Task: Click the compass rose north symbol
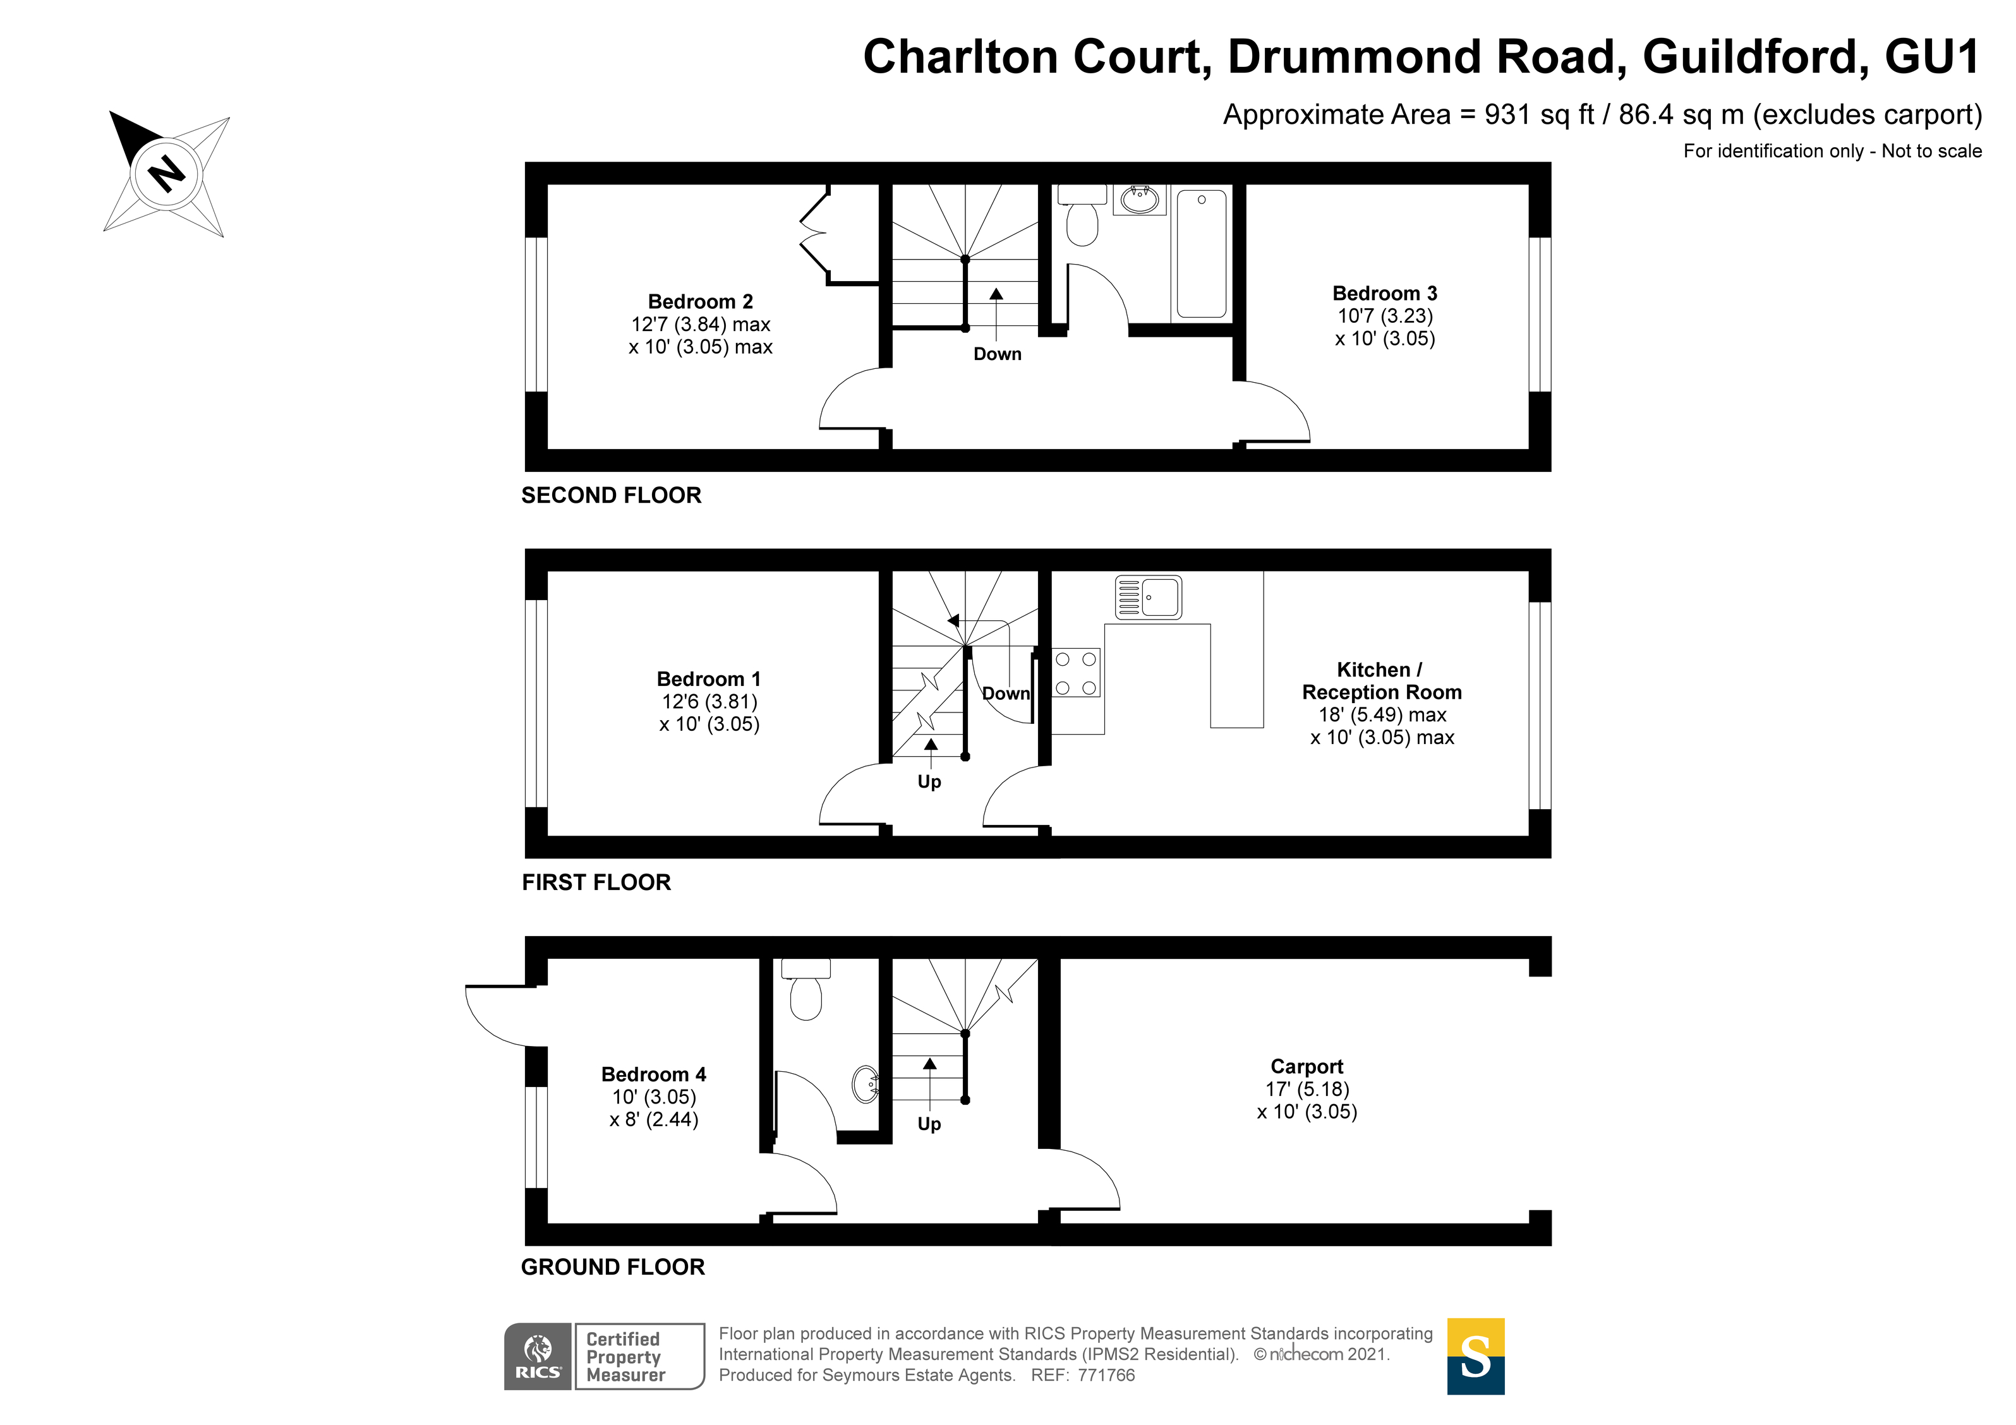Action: tap(166, 173)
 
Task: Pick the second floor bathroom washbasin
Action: tap(1140, 200)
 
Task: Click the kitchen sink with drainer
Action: tap(1149, 597)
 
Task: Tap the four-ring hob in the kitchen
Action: tap(1076, 673)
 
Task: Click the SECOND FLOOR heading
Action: tap(611, 495)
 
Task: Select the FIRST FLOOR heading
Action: tap(596, 882)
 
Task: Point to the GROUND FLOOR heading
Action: tap(613, 1267)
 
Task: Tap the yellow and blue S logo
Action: tap(1475, 1357)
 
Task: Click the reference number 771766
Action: tap(1106, 1376)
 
